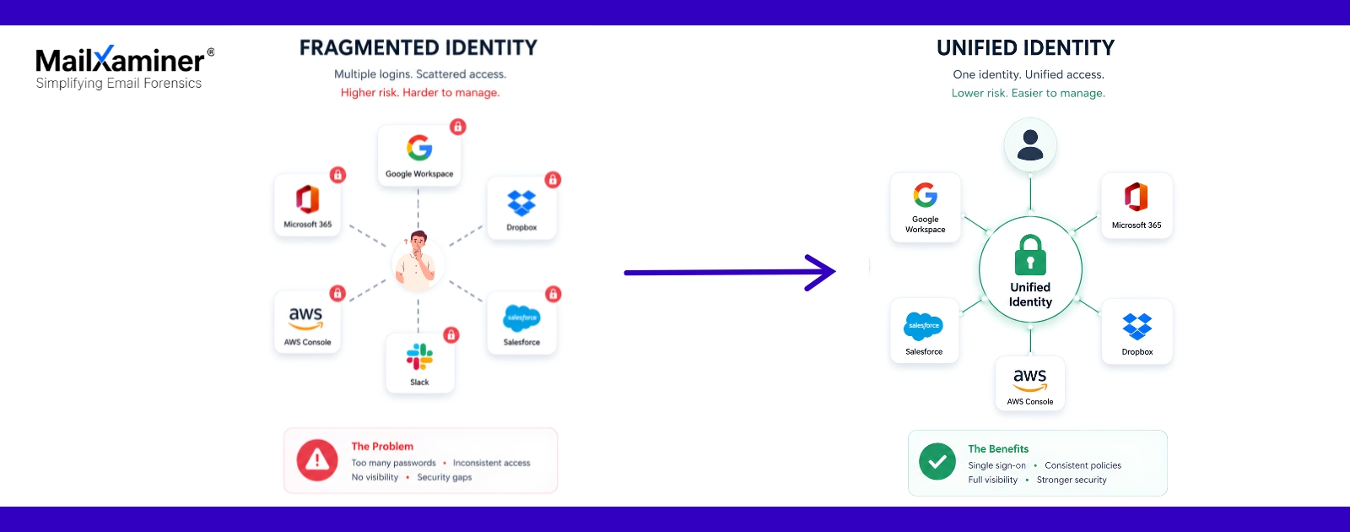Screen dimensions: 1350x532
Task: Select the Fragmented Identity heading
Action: (x=418, y=47)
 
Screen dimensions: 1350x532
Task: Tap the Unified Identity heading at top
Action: (x=1026, y=47)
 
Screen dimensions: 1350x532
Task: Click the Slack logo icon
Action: (x=419, y=356)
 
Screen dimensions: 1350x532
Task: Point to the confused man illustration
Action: (x=417, y=261)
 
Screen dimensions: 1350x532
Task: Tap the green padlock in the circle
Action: (x=1030, y=255)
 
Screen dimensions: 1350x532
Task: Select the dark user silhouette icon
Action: (x=1030, y=144)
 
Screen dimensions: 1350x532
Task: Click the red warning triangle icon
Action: (x=317, y=460)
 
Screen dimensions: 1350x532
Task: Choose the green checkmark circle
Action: (x=937, y=461)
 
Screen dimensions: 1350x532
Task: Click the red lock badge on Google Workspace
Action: (x=458, y=127)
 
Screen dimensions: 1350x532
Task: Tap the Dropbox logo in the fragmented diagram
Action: (x=521, y=204)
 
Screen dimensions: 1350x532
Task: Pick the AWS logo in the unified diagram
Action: (x=1030, y=380)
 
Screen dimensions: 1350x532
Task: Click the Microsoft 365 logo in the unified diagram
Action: (x=1136, y=197)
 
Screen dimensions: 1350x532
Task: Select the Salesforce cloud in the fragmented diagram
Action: (x=521, y=318)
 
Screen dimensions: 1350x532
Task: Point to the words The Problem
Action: (x=382, y=447)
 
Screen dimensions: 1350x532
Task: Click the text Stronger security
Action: (x=1072, y=480)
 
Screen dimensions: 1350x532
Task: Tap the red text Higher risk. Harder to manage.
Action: (x=420, y=92)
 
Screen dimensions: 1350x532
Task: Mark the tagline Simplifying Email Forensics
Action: (x=119, y=84)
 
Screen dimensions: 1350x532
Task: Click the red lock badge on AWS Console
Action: (x=337, y=293)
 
